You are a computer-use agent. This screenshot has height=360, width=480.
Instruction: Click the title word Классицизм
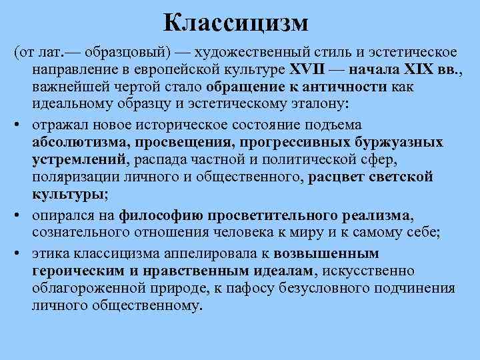[237, 23]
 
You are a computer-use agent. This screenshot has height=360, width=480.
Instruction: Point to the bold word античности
[348, 87]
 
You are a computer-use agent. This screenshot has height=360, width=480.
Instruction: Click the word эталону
[321, 104]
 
